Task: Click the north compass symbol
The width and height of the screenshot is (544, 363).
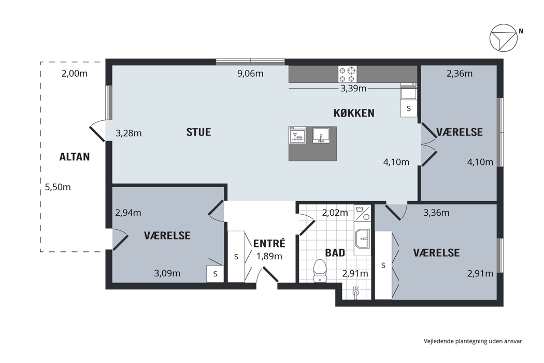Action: point(504,38)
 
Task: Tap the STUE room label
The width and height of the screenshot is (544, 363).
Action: point(198,132)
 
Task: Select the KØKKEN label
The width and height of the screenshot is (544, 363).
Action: point(354,113)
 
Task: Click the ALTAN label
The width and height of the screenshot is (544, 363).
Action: point(75,157)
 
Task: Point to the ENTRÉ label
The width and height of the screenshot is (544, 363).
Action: point(269,243)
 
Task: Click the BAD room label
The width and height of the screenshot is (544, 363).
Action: point(335,253)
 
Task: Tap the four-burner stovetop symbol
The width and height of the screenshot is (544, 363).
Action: point(347,74)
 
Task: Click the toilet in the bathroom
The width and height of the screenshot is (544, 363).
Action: point(320,271)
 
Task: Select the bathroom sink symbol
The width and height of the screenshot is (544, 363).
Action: point(363,239)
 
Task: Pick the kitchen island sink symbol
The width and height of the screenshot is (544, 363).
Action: point(321,135)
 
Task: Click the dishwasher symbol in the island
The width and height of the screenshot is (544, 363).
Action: point(297,135)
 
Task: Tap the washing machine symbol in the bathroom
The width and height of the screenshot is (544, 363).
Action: point(363,213)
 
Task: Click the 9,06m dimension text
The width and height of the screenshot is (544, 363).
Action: point(250,74)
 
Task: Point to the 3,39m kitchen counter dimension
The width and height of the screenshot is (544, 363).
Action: point(353,88)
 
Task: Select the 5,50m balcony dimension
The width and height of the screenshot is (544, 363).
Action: point(58,187)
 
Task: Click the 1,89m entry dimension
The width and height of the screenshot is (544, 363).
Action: point(269,256)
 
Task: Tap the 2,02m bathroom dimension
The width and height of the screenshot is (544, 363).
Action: point(335,213)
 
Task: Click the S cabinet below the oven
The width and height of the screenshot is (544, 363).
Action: point(409,108)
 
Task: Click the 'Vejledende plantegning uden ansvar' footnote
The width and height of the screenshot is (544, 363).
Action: point(473,341)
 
